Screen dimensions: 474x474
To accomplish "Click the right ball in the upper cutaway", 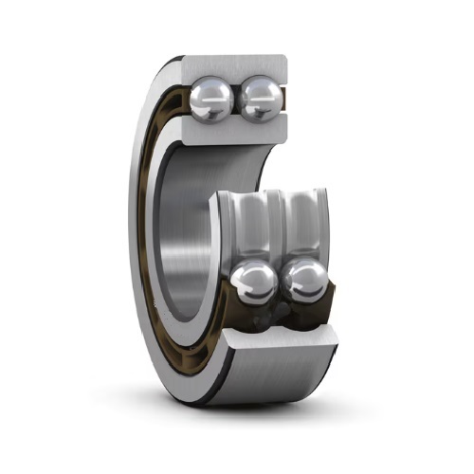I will pyautogui.click(x=259, y=99).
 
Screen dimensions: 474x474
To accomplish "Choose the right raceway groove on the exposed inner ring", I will pyautogui.click(x=301, y=224).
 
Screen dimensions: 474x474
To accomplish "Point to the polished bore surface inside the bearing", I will pyautogui.click(x=190, y=237).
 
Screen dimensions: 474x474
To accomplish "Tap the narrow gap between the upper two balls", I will pyautogui.click(x=235, y=100).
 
